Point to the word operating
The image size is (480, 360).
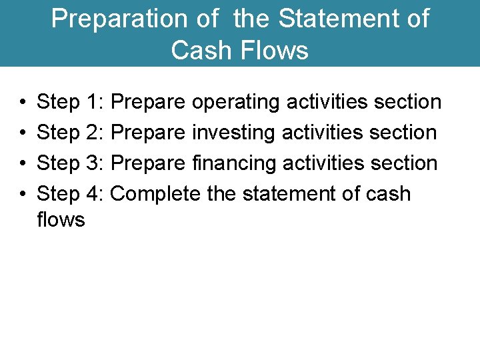pos(236,103)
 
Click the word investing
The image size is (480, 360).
pos(233,133)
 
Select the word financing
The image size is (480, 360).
pos(234,163)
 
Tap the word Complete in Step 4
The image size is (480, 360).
pos(155,194)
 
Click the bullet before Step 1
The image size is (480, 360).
pos(23,103)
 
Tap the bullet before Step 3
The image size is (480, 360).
pos(23,163)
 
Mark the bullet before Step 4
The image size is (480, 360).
pos(23,194)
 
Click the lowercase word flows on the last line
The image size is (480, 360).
pos(61,219)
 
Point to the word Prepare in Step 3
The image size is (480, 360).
pos(148,163)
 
